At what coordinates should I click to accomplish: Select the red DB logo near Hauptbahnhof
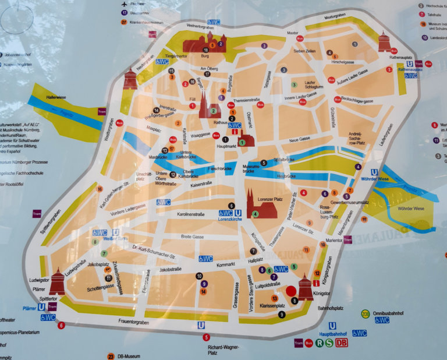(x=342, y=343)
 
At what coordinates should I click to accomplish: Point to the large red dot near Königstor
(x=292, y=291)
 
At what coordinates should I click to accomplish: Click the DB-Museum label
(x=129, y=356)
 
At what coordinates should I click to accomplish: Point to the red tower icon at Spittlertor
(x=57, y=282)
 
